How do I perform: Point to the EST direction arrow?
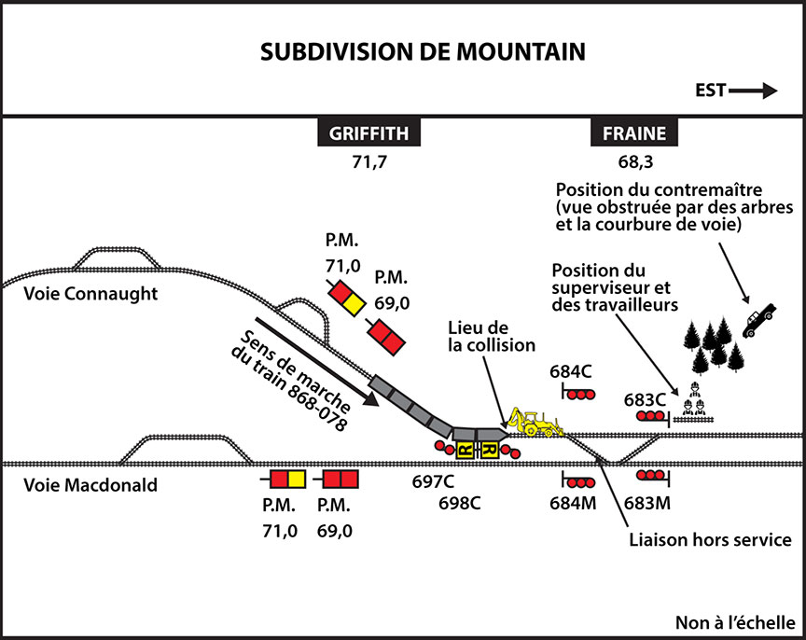coord(736,90)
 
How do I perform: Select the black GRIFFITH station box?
coord(369,133)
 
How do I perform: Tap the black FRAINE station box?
coord(634,133)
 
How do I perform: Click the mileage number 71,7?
coord(369,162)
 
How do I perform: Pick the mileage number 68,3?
coord(634,162)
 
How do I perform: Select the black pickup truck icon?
coord(760,319)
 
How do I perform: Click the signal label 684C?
coord(571,371)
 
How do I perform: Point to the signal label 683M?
coord(646,503)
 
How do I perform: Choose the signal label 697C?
coord(433,482)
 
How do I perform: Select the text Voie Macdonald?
coord(78,484)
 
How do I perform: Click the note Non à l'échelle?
coord(733,622)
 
